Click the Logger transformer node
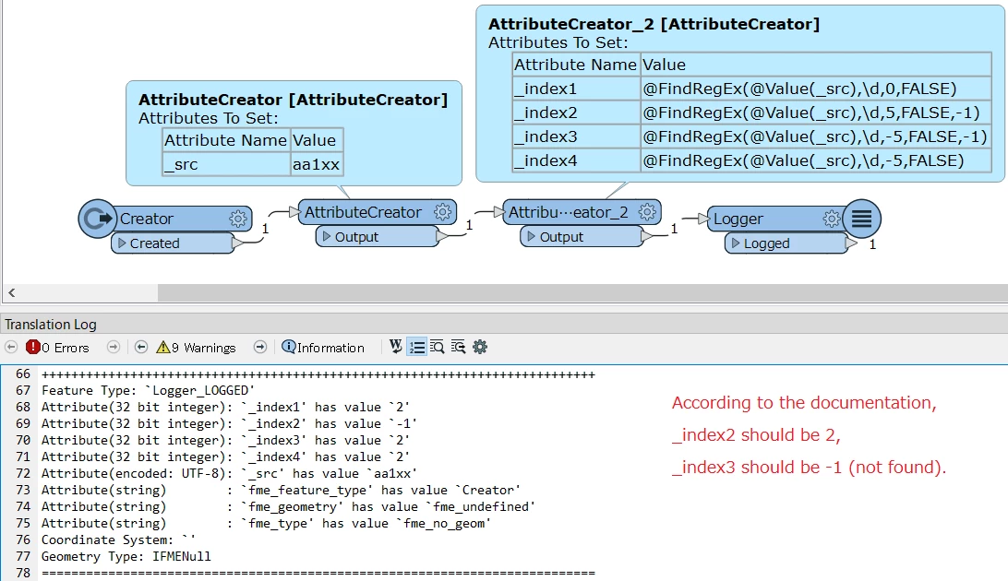(x=766, y=219)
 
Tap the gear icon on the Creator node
(x=238, y=219)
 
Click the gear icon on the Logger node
(x=832, y=219)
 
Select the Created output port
(x=170, y=243)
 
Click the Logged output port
(x=786, y=243)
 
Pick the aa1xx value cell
(x=317, y=165)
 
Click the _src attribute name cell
(x=226, y=165)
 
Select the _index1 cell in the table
(x=575, y=89)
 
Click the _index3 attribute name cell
(x=575, y=136)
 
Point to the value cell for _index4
(x=814, y=160)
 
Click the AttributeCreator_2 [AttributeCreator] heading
(x=654, y=24)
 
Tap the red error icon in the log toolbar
(x=33, y=348)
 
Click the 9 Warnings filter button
(x=196, y=348)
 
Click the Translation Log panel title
(x=51, y=324)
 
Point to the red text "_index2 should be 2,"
(x=756, y=435)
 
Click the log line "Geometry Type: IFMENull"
(x=126, y=556)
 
